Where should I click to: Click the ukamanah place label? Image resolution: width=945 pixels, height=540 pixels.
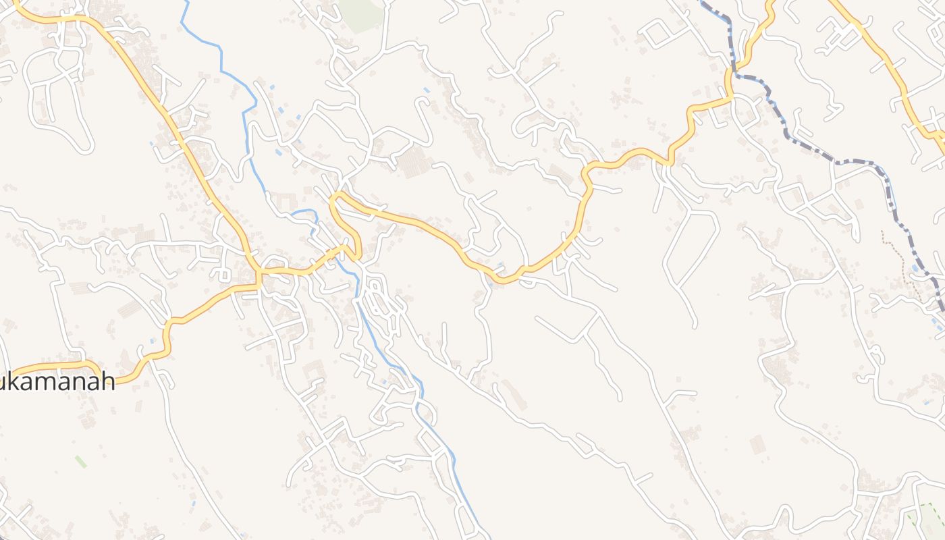57,382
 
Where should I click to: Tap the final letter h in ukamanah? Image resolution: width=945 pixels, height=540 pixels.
108,382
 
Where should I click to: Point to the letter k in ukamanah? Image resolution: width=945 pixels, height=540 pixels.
18,382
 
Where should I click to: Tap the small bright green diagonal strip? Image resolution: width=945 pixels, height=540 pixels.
81,462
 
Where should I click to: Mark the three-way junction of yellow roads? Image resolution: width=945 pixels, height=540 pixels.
258,273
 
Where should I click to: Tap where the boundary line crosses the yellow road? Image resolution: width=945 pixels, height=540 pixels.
732,71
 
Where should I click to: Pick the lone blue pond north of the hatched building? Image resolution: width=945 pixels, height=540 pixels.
426,90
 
